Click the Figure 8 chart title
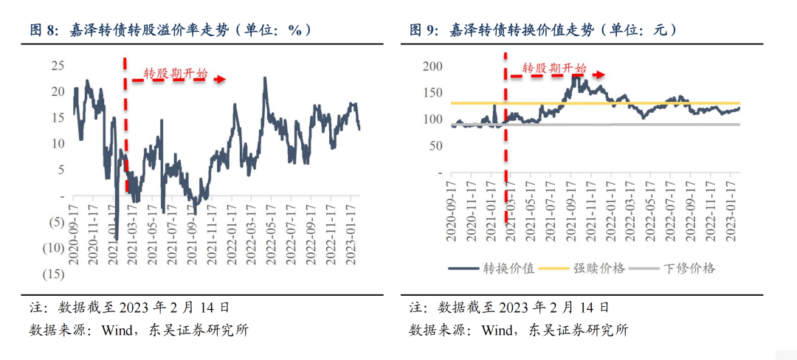(170, 30)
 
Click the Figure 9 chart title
(544, 30)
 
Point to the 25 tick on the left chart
(58, 66)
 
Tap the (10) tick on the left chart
(54, 248)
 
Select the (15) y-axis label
(54, 274)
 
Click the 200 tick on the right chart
(432, 66)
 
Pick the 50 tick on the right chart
(435, 146)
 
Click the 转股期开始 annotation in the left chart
(175, 74)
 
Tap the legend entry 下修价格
(690, 268)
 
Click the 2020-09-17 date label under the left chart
(74, 221)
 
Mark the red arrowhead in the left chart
(220, 78)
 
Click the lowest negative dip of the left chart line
(116, 239)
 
